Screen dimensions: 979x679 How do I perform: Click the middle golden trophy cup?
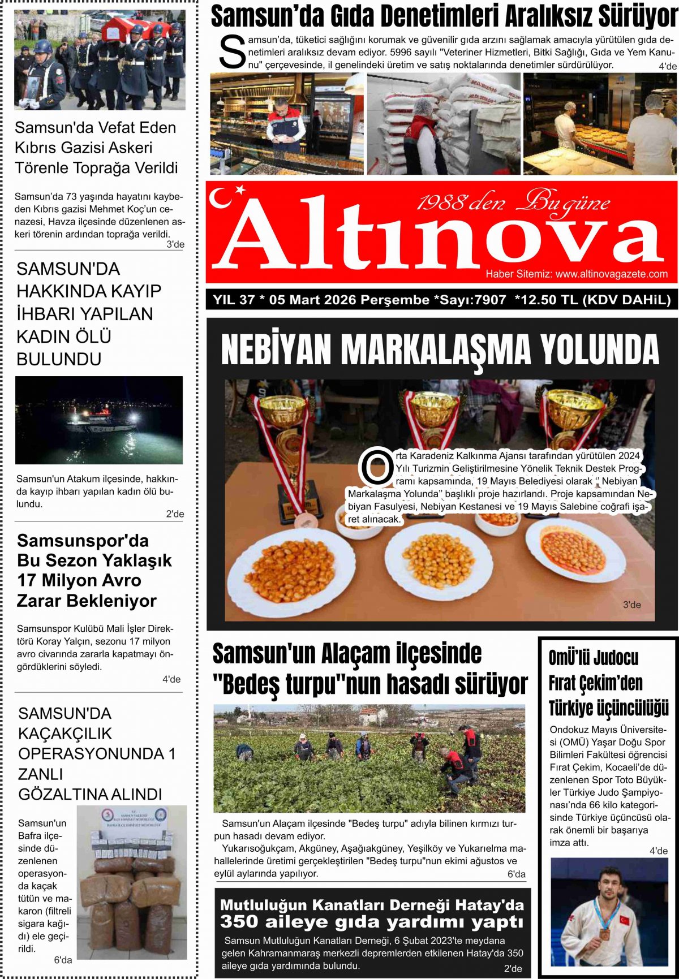tap(433, 408)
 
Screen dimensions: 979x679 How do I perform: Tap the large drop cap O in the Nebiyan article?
tap(376, 467)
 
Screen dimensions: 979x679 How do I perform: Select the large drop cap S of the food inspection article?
tap(232, 53)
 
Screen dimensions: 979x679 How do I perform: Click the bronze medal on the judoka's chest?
tap(604, 934)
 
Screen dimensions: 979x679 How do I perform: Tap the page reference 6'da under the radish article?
tap(516, 874)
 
